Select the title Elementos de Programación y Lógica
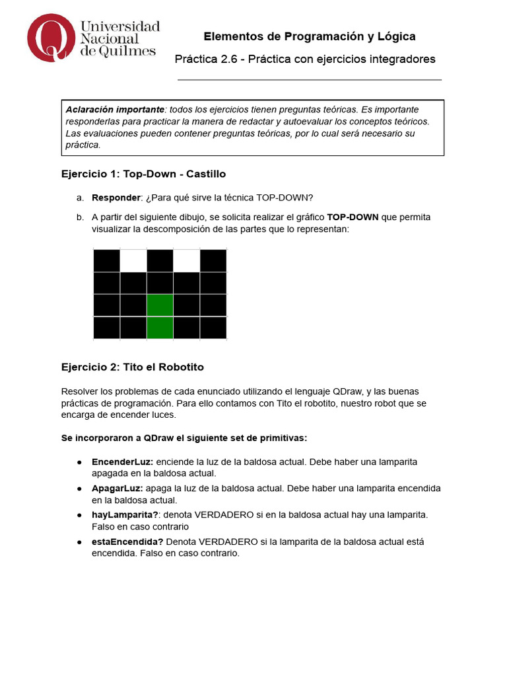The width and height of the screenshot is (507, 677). (x=309, y=36)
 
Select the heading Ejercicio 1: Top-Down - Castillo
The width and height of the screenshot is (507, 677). (x=143, y=174)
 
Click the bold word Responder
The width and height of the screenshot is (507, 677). (x=116, y=198)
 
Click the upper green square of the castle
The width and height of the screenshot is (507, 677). (x=160, y=305)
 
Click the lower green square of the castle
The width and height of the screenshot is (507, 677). (x=160, y=328)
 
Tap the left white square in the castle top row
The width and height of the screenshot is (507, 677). (x=133, y=260)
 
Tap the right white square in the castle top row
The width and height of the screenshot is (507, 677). (x=186, y=260)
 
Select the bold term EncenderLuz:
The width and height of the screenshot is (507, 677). (x=123, y=461)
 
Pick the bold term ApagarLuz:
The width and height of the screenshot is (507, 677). (x=117, y=488)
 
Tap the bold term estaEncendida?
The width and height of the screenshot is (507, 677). (x=127, y=541)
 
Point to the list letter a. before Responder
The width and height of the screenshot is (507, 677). (x=80, y=198)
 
